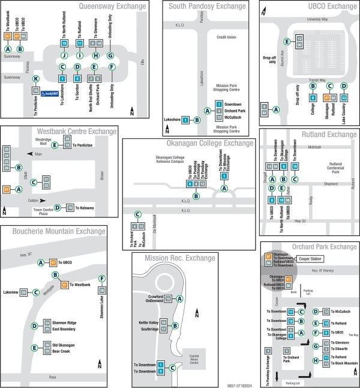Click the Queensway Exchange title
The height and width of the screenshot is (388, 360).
112,7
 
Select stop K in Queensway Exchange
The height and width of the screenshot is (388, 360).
36,79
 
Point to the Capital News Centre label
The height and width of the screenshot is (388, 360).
194,360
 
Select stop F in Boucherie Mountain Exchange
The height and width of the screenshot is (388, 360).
101,278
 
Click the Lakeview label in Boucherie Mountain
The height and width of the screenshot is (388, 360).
10,292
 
